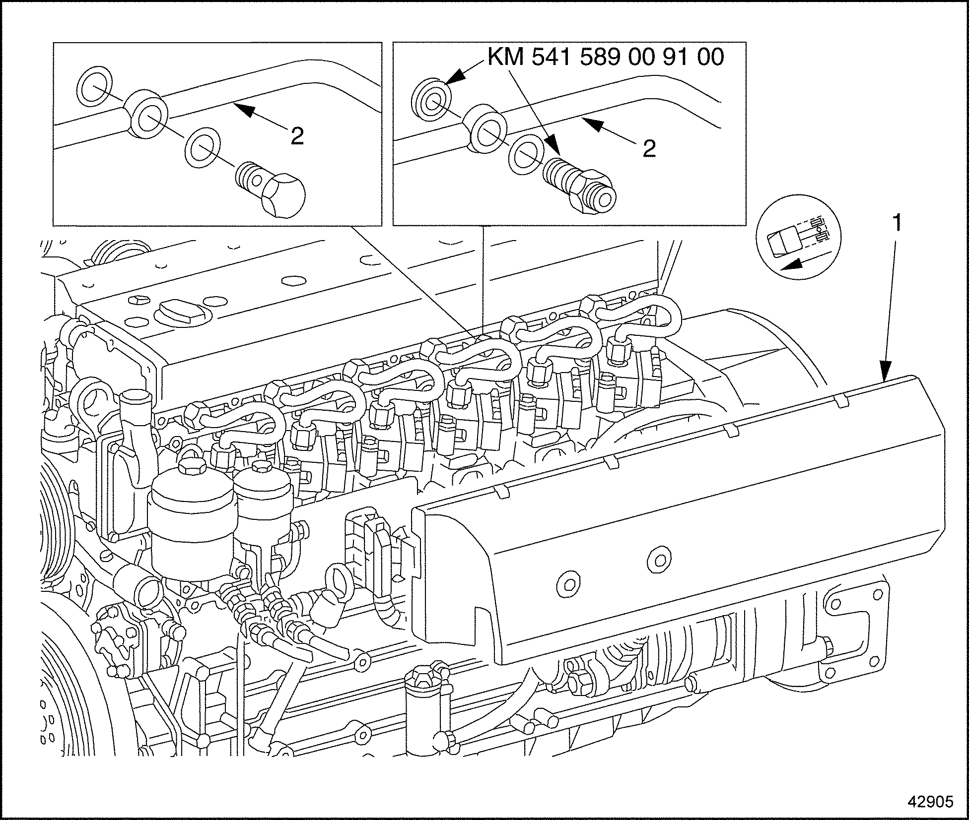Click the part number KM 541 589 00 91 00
[606, 58]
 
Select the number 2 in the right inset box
[649, 148]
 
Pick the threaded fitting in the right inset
[579, 184]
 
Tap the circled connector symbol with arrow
[799, 243]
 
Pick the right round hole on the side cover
[659, 560]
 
